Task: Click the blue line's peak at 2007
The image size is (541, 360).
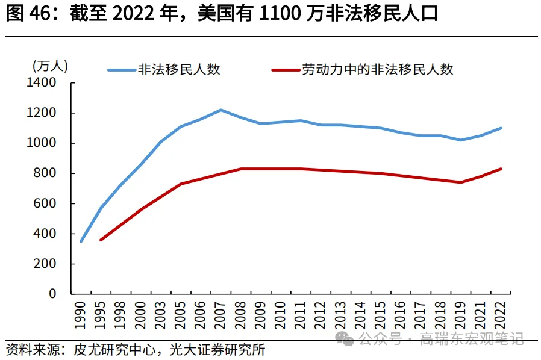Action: pyautogui.click(x=220, y=110)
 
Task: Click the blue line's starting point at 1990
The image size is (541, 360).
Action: pyautogui.click(x=81, y=241)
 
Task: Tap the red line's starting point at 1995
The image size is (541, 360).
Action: pyautogui.click(x=101, y=240)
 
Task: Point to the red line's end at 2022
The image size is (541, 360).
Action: pyautogui.click(x=501, y=169)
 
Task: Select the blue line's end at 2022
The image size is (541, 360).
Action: pyautogui.click(x=501, y=128)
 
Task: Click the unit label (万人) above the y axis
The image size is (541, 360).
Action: pyautogui.click(x=49, y=66)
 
